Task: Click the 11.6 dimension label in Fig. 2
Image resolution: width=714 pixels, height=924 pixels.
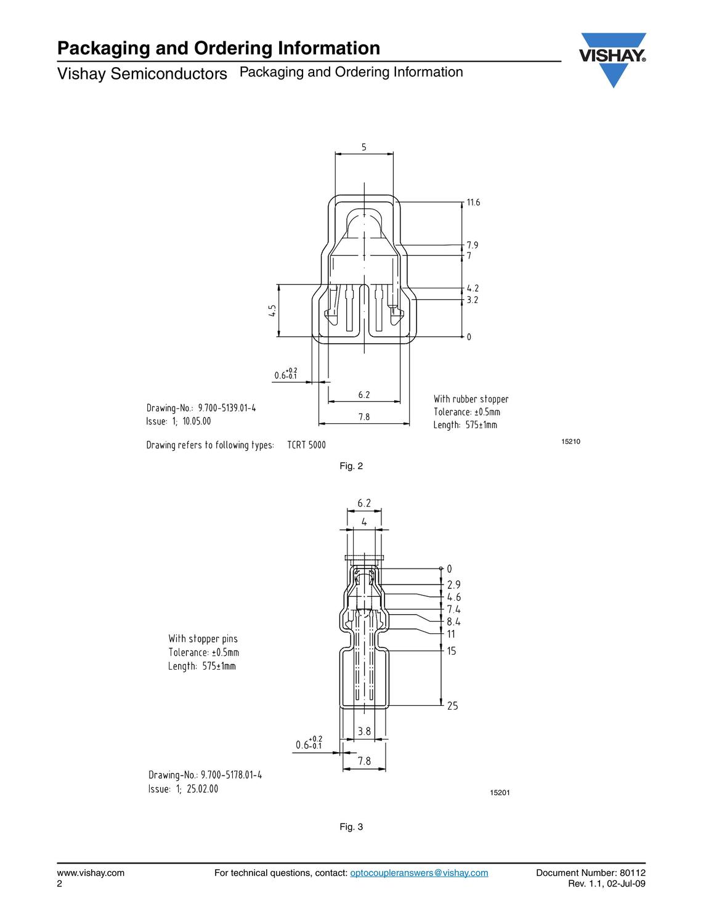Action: coord(473,203)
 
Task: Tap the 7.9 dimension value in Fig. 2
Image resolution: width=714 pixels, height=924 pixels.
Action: coord(473,245)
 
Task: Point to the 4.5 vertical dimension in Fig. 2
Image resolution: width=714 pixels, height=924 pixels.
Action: coord(273,310)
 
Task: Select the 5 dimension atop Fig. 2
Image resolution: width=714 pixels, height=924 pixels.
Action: coord(364,148)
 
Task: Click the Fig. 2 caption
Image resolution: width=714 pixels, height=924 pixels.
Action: coord(351,466)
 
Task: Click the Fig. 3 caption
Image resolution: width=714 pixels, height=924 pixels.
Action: coord(351,835)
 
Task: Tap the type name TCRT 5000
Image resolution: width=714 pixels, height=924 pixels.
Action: coord(306,445)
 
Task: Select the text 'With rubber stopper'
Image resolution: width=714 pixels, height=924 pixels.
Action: coord(471,399)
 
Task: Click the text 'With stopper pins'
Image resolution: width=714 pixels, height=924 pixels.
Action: coord(203,639)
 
